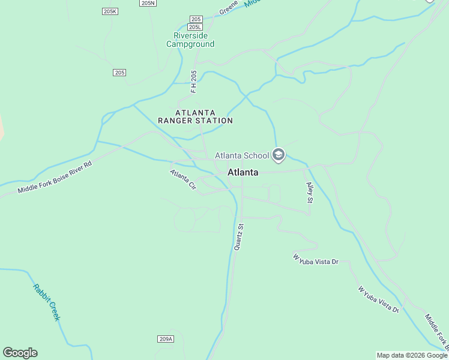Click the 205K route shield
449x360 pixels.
(x=110, y=11)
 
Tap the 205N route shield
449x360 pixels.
(x=148, y=3)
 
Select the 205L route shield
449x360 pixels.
(x=195, y=27)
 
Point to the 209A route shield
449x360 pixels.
(x=166, y=339)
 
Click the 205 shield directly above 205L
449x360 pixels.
(x=196, y=19)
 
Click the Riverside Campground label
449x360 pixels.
(x=190, y=40)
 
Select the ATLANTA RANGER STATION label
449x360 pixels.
(x=195, y=116)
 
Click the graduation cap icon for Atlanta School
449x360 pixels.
(x=278, y=155)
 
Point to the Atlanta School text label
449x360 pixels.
(x=242, y=156)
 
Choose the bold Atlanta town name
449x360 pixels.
(x=243, y=172)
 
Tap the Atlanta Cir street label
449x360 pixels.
(x=183, y=179)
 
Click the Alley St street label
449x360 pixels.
(x=310, y=193)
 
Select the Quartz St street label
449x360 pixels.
(x=239, y=237)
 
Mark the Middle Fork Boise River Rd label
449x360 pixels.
(x=55, y=178)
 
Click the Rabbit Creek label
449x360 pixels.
(x=46, y=302)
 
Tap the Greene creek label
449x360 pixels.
(x=229, y=7)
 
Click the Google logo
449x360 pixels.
(x=20, y=353)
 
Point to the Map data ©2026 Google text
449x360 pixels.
(x=412, y=355)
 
